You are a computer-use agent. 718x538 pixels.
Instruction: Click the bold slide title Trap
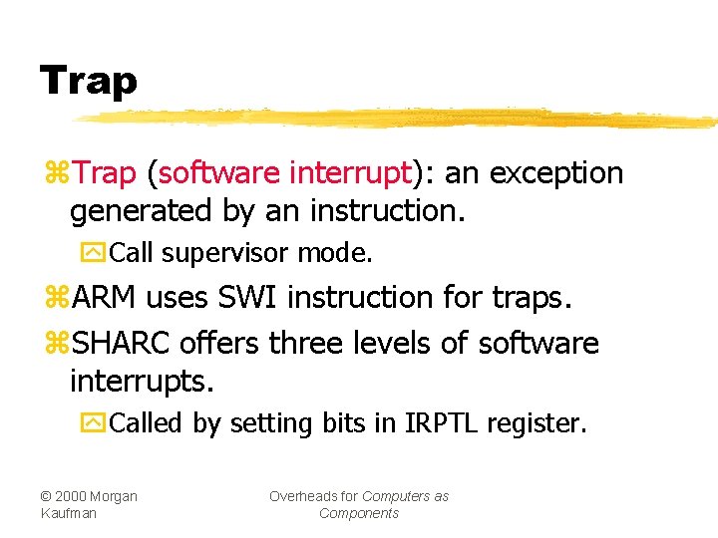point(88,80)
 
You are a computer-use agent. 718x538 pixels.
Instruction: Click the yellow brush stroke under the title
point(399,119)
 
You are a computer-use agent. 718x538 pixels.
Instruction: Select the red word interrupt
point(350,173)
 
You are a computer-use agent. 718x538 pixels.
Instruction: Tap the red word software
point(219,173)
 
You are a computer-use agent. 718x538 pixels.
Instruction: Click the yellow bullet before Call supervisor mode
point(94,253)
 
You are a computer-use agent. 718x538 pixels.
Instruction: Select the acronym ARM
point(109,297)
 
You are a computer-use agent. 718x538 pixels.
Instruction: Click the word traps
point(536,297)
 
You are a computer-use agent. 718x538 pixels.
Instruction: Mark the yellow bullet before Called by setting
point(94,423)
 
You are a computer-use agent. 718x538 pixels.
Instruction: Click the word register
point(538,424)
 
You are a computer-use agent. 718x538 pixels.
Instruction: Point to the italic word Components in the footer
point(359,513)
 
